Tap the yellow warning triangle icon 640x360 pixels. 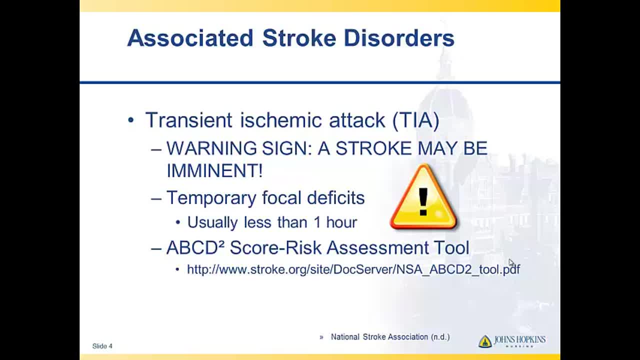click(423, 197)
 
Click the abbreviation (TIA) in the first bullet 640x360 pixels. click(416, 120)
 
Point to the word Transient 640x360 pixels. click(188, 120)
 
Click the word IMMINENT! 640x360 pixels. click(214, 170)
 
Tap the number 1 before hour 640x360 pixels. click(317, 222)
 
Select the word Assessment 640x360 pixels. click(377, 247)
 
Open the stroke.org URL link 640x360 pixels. click(353, 269)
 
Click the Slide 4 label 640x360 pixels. click(102, 346)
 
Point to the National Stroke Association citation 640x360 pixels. click(390, 337)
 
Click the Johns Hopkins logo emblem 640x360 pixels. click(485, 341)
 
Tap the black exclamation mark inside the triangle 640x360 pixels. click(423, 201)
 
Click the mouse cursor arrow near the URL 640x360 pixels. click(511, 262)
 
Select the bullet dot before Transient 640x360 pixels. click(131, 120)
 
